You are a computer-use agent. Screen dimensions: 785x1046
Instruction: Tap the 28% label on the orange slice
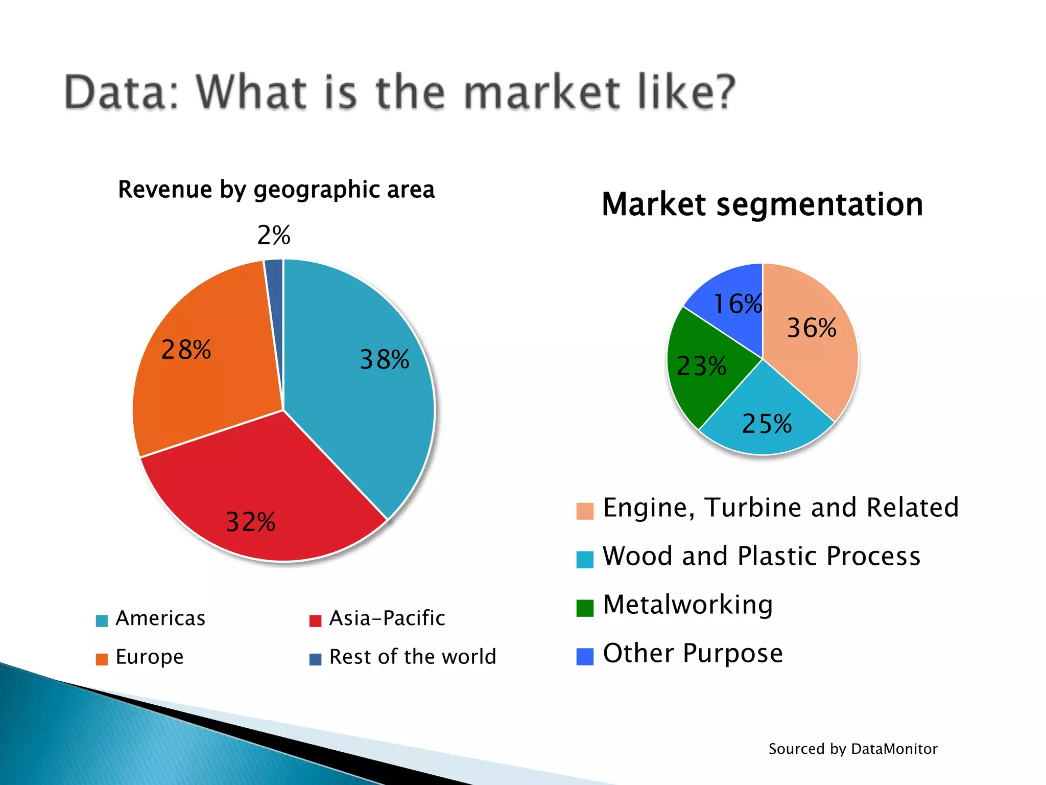click(186, 350)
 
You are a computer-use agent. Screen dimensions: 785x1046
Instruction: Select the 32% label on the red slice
click(251, 522)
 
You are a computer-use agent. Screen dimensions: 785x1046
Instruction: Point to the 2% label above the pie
click(274, 236)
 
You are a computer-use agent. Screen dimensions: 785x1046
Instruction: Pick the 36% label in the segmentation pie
click(812, 328)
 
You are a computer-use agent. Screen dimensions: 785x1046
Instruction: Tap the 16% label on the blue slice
click(738, 304)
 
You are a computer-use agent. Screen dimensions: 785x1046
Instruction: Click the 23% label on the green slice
click(701, 366)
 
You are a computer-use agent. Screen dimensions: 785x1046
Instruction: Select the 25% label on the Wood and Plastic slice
click(767, 424)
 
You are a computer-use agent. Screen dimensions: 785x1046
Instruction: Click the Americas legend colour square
click(102, 620)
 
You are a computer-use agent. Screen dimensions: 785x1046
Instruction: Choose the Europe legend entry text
click(150, 657)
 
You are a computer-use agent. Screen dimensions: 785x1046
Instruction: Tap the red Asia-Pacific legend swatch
click(315, 620)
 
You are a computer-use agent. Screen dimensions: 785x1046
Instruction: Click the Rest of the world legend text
click(413, 657)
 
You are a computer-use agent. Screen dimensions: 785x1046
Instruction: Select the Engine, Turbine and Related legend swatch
click(585, 511)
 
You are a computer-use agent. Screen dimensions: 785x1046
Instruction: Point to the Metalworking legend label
click(687, 605)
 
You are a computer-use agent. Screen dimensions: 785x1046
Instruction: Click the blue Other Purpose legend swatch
click(585, 656)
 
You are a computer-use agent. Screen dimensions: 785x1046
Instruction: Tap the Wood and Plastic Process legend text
click(761, 556)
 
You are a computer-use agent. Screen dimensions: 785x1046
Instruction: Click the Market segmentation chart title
click(762, 204)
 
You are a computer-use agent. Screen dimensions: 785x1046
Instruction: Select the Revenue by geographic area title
click(276, 190)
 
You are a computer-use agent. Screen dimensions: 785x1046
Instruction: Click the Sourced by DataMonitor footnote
click(853, 749)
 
